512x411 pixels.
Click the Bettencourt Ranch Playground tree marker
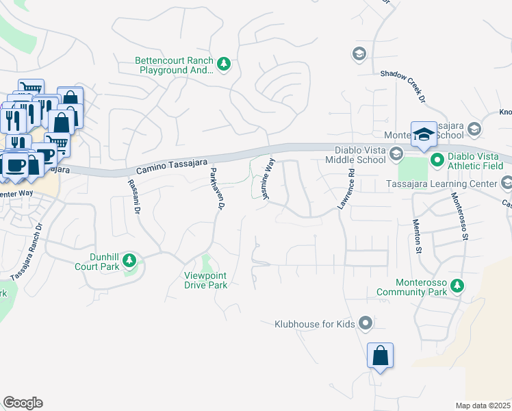223,64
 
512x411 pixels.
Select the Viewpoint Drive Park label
205,280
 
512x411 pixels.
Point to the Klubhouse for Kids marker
366,322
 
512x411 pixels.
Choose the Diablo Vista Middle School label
360,155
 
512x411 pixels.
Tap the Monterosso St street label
459,215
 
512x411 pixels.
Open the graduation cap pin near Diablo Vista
424,134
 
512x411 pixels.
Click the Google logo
23,403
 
